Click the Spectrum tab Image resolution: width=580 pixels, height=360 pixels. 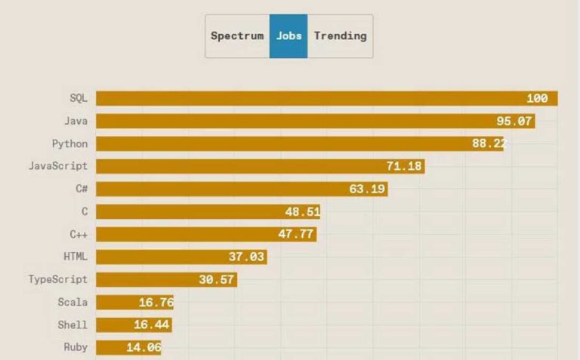point(237,35)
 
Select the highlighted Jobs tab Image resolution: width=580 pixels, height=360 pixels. point(288,35)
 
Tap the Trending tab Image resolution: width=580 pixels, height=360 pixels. point(340,35)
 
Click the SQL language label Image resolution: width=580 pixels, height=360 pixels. point(79,98)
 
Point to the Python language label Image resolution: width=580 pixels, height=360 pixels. point(69,143)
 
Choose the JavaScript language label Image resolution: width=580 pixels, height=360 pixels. point(58,166)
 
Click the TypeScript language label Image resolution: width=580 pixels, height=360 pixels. point(58,279)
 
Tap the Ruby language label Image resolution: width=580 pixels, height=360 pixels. point(76,347)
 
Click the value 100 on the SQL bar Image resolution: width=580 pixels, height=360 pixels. point(537,99)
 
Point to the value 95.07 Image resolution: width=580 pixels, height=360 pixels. point(514,121)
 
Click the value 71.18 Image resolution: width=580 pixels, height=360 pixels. point(404,166)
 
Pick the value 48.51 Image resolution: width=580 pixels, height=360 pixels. point(302,211)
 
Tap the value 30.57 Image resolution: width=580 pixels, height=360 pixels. point(217,279)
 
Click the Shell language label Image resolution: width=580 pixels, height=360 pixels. point(72,325)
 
